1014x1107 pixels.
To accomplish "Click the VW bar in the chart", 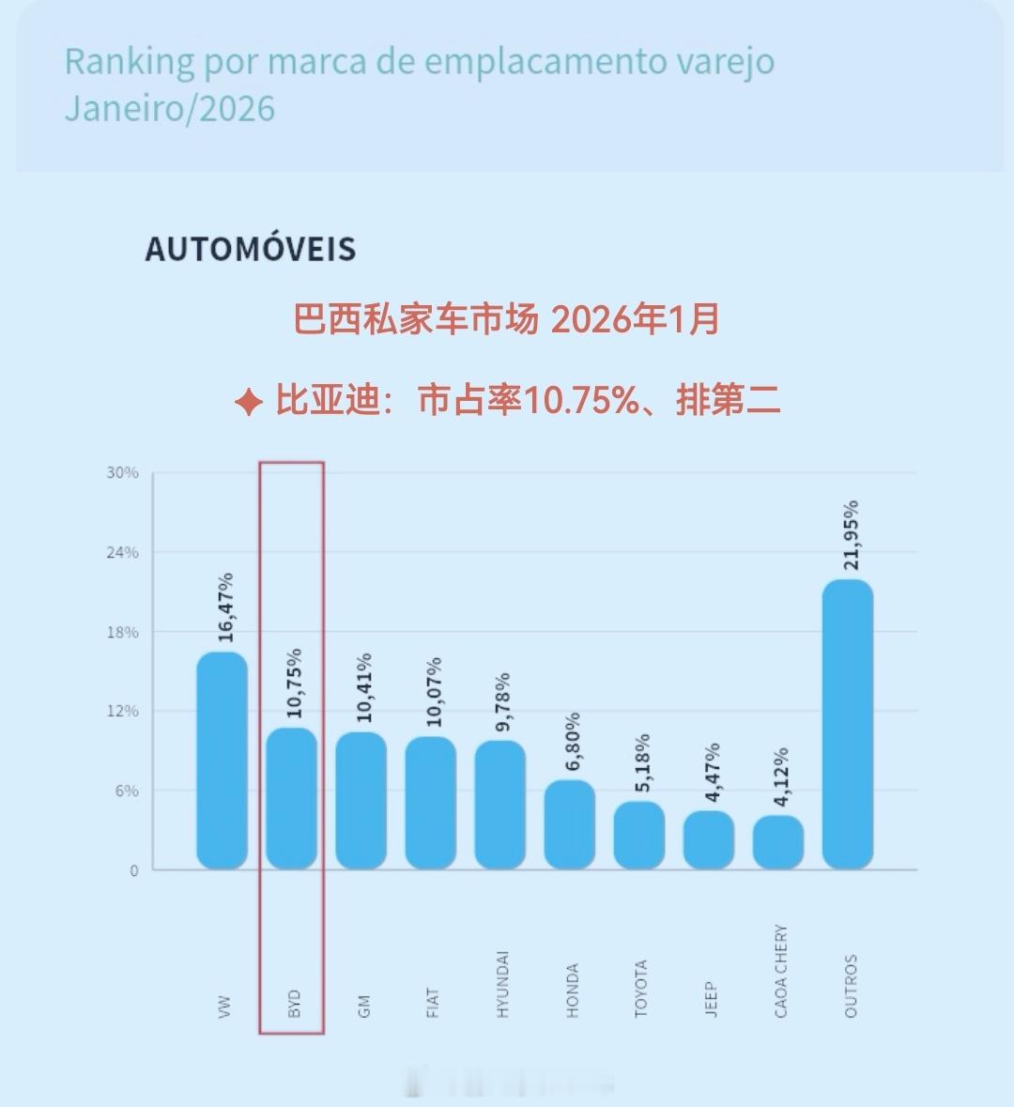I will (x=223, y=761).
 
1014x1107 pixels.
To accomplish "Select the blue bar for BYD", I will (x=292, y=798).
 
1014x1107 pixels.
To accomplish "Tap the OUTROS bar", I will (x=848, y=724).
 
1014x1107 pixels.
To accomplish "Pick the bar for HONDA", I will (x=570, y=824).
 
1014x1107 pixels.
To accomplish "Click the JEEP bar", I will (x=709, y=839).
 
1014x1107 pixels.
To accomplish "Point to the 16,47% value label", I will (x=225, y=607).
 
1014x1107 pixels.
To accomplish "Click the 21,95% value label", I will (x=851, y=535).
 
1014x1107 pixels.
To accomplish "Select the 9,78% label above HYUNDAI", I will (x=503, y=701).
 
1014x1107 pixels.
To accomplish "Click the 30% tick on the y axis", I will (x=122, y=472).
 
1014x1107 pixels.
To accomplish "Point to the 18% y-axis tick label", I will (x=122, y=632).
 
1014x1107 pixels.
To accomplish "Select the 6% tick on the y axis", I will (x=127, y=791).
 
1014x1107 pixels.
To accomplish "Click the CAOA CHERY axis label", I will (x=781, y=971).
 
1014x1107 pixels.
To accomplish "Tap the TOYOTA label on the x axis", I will (x=641, y=988).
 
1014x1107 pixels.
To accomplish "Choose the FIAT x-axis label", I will (x=433, y=1002).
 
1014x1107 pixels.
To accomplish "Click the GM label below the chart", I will (x=364, y=1006).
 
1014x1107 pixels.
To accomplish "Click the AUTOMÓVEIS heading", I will (x=251, y=250).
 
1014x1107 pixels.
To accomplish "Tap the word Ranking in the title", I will (x=130, y=63).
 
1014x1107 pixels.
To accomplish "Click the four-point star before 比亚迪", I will (x=249, y=403).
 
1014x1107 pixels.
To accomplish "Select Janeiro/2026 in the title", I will (x=170, y=109).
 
